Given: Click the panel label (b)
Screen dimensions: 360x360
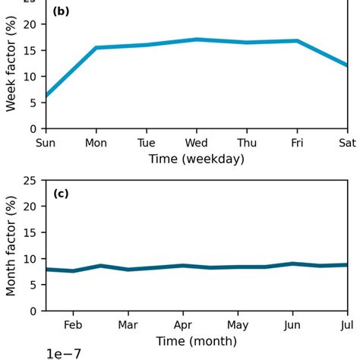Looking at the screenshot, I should pos(61,13).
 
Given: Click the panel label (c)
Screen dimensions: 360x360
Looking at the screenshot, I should pos(61,194).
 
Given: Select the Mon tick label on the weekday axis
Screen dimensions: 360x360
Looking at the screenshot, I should pos(96,143).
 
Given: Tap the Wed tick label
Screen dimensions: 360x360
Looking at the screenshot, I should pos(197,143).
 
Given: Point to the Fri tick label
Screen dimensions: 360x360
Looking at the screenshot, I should pos(297,143).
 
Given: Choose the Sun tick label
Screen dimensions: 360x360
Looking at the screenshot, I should pos(46,143).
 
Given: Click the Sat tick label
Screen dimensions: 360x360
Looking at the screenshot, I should pos(347,143).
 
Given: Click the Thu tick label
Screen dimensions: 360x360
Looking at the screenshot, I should pos(247,143).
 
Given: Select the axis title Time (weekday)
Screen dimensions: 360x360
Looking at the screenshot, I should pos(197,159).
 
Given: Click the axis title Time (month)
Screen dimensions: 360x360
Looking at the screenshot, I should pos(197,341).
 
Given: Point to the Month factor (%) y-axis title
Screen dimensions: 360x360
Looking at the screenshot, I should pos(11,245).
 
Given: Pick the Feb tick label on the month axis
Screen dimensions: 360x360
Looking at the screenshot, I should pos(73,324).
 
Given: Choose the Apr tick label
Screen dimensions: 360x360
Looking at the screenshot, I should pos(183,324).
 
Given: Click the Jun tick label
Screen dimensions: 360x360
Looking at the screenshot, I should pos(292,324).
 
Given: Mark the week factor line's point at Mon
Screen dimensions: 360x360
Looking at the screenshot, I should pos(96,48).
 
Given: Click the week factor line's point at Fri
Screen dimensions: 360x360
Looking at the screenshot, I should pos(297,41).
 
